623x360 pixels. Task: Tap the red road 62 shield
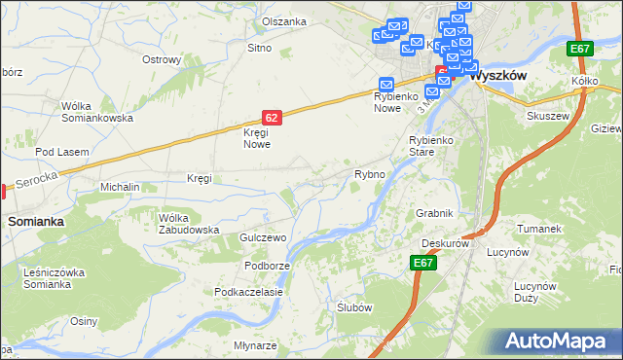273,118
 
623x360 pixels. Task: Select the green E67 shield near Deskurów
423,263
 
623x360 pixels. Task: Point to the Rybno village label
370,174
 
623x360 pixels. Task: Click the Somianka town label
36,222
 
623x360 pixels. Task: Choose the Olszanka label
284,21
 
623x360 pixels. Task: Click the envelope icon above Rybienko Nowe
385,85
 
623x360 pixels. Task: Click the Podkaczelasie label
249,292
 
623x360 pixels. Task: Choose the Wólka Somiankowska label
96,112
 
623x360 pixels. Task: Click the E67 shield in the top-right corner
581,49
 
